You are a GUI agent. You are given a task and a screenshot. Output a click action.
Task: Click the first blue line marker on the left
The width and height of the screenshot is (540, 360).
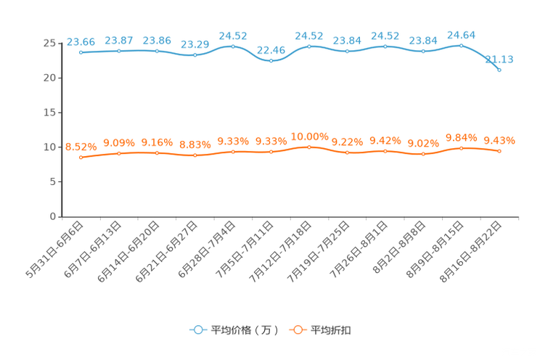(81, 52)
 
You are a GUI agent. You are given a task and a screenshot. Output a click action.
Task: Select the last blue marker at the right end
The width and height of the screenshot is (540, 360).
(499, 70)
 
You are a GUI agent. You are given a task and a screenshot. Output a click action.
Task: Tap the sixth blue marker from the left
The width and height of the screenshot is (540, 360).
(271, 61)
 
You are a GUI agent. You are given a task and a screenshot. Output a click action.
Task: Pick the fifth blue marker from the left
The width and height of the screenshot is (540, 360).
(233, 46)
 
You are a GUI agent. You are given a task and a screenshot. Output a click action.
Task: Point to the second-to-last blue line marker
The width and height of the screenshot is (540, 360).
(462, 45)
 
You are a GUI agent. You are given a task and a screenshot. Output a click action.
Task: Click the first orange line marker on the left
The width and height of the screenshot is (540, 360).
(81, 157)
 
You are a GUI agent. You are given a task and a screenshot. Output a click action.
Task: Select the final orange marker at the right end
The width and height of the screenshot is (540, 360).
(499, 151)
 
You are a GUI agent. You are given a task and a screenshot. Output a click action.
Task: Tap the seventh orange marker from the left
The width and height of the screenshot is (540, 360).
(309, 147)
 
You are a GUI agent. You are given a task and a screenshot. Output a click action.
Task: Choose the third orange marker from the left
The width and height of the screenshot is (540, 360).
(157, 152)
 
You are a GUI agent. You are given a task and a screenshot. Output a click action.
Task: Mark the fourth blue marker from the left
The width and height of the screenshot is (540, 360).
(195, 55)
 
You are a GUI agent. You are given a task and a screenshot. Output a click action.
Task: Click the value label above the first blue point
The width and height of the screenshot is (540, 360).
(81, 41)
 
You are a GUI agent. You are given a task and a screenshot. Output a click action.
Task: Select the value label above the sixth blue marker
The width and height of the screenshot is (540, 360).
(271, 49)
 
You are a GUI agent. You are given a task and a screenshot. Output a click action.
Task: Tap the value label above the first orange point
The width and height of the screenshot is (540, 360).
(81, 146)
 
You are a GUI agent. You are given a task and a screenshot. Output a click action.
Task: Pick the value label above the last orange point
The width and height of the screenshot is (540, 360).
(499, 140)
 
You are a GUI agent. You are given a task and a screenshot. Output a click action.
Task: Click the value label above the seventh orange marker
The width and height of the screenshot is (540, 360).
(309, 136)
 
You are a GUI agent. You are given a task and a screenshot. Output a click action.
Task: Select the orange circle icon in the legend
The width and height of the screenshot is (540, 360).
(298, 330)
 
